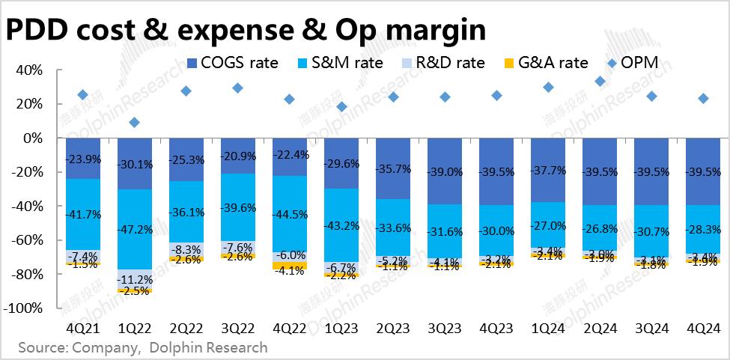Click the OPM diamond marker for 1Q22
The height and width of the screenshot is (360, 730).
134,122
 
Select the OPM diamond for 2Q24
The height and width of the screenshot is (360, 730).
600,82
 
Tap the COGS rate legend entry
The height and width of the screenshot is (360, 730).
234,62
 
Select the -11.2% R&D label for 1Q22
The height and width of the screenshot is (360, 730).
135,280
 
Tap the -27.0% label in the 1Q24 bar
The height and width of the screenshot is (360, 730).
548,225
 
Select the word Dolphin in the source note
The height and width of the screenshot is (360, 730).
179,348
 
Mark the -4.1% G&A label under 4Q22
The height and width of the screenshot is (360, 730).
290,271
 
